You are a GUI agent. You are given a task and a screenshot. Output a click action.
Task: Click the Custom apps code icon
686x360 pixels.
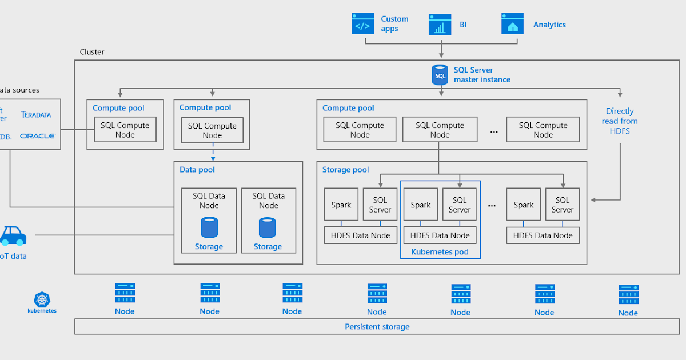coord(362,25)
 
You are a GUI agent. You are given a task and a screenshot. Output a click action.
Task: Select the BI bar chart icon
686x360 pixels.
coord(440,25)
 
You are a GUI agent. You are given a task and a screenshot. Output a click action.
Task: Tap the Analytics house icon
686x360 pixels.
coord(512,25)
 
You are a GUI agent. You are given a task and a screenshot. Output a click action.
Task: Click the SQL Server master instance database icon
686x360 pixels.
coord(440,75)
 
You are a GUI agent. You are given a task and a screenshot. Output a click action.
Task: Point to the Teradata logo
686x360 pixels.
coord(36,115)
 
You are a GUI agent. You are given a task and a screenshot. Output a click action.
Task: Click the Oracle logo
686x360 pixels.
coord(37,136)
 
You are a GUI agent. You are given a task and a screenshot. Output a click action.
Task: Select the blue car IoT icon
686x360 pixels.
coord(13,235)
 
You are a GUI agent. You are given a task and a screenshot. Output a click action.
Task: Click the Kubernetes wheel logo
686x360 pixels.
coord(42,299)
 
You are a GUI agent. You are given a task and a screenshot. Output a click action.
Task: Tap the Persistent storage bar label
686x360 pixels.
coord(377,327)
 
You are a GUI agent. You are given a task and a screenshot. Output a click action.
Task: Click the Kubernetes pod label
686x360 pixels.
coord(440,251)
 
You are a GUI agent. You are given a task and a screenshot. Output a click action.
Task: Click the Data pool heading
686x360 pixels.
coord(197,170)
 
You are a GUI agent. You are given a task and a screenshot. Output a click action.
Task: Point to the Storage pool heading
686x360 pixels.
coord(346,170)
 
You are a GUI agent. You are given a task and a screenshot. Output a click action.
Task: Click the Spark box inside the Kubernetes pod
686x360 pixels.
coord(421,205)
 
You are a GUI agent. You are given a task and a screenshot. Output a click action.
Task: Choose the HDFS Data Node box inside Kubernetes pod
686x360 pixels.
coord(440,235)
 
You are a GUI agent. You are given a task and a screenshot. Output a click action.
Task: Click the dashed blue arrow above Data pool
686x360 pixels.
coord(213,151)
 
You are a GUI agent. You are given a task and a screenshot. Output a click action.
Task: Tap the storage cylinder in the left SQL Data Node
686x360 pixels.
coord(209,227)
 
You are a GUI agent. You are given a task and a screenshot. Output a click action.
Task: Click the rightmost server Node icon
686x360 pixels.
coord(628,294)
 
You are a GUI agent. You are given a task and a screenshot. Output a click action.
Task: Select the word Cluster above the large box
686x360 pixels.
coord(92,52)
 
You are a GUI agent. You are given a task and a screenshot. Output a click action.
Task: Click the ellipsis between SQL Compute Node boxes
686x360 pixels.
coord(494,131)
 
